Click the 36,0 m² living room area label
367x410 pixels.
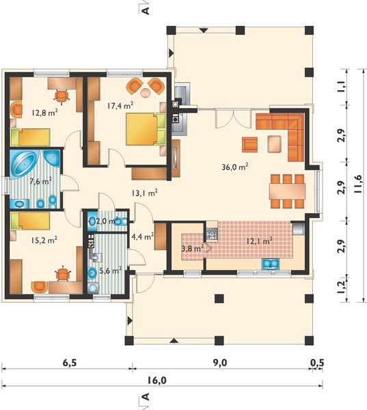point(234,166)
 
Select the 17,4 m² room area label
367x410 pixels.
point(120,105)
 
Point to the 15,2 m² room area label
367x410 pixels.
point(43,240)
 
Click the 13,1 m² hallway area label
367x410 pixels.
point(145,193)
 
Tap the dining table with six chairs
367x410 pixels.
point(286,191)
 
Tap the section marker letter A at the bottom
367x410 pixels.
point(145,399)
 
